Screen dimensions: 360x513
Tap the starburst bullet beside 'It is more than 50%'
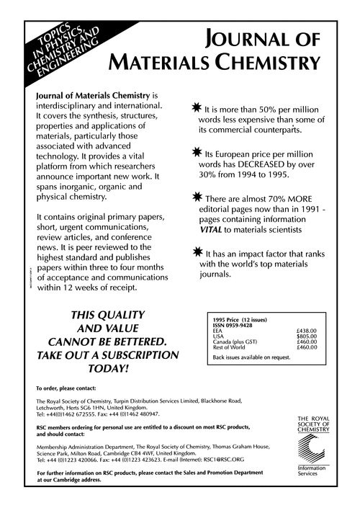click(195, 106)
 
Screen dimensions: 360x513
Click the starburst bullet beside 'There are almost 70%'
click(195, 197)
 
